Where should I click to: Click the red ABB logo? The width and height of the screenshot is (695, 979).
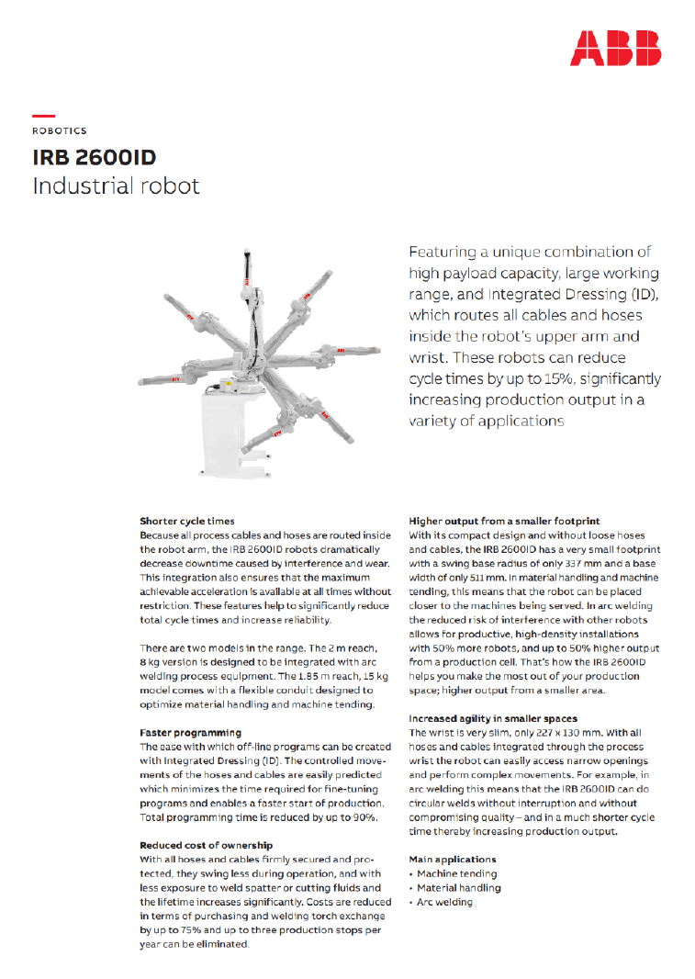click(614, 47)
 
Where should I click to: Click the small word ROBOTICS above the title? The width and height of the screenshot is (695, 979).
click(59, 131)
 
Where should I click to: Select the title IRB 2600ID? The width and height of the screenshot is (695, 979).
click(94, 156)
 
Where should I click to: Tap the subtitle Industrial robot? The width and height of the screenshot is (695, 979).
click(116, 186)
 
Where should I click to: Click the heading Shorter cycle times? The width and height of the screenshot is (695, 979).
click(186, 521)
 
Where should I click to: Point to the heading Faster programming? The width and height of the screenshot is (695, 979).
click(190, 733)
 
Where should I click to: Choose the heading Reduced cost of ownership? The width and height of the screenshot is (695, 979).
click(206, 845)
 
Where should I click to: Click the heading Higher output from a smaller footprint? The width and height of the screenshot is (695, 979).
click(504, 521)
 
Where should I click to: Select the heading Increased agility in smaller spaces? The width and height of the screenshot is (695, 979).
click(493, 718)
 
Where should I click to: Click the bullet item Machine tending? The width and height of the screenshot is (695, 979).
click(456, 873)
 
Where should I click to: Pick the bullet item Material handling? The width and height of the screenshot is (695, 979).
click(458, 888)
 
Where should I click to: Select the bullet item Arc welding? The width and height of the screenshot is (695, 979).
click(444, 902)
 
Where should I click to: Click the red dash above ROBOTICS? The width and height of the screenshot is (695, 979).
click(43, 116)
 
